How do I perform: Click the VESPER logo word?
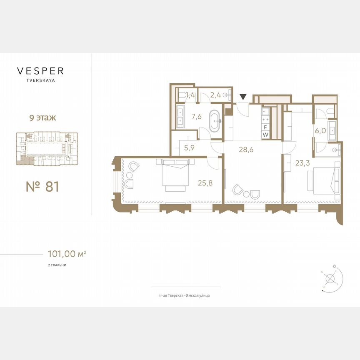40,71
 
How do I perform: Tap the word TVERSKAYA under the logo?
40,81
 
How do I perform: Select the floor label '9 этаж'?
40,117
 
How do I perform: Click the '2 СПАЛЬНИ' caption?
57,265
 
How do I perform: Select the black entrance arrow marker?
243,97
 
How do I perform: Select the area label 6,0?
320,130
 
